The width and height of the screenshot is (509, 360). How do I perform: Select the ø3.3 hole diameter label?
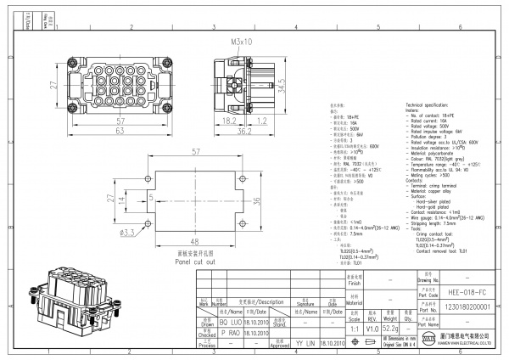tap(128, 231)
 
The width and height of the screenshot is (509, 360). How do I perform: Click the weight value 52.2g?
tap(390, 328)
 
